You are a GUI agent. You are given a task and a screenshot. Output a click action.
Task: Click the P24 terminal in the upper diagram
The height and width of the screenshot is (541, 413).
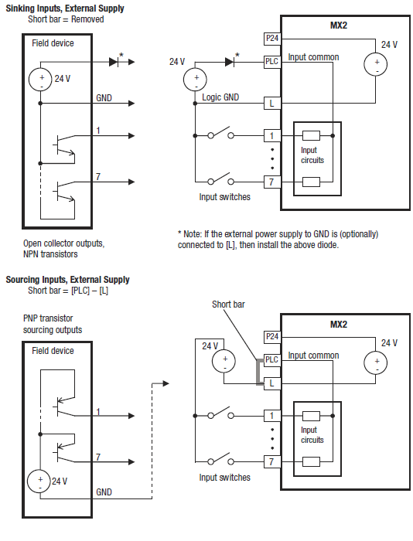click(271, 39)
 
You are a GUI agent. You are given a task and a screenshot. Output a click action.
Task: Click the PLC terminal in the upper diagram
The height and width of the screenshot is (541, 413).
click(271, 61)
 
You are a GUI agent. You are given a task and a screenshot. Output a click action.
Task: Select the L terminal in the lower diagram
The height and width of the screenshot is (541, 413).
click(271, 383)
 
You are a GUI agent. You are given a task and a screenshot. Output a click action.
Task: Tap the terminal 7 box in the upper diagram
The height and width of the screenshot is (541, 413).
click(271, 182)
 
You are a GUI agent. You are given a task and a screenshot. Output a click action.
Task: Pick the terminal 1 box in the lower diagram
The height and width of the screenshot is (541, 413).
click(271, 416)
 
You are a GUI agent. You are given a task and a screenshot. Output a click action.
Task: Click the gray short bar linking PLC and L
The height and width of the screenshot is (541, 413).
click(258, 372)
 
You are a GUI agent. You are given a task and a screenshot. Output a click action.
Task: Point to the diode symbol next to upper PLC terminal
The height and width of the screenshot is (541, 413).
click(230, 62)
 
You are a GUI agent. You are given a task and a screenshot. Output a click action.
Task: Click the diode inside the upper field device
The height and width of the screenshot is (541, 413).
click(114, 62)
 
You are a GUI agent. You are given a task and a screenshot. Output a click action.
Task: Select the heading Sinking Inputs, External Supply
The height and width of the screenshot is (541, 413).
click(65, 9)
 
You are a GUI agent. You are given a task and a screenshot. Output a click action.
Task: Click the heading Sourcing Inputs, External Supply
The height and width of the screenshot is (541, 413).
click(68, 279)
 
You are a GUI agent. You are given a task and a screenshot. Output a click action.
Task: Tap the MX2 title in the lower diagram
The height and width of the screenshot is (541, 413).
click(339, 325)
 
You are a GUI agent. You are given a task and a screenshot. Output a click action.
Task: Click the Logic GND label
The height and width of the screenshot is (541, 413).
click(220, 97)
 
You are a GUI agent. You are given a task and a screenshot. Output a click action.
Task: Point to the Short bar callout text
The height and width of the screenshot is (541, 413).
click(228, 305)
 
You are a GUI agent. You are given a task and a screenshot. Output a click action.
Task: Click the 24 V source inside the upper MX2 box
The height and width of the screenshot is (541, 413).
click(375, 64)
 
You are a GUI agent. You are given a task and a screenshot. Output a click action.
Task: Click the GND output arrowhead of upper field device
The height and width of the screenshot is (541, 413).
click(131, 103)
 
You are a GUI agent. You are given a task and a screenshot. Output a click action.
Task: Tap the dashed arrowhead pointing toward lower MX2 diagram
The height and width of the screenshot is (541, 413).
click(166, 383)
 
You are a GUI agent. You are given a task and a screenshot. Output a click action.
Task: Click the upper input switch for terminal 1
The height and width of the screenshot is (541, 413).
click(221, 134)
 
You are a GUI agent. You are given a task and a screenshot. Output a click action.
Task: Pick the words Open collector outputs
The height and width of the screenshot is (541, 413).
click(63, 243)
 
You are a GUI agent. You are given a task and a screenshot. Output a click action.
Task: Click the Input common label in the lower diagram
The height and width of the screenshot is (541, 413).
click(313, 356)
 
